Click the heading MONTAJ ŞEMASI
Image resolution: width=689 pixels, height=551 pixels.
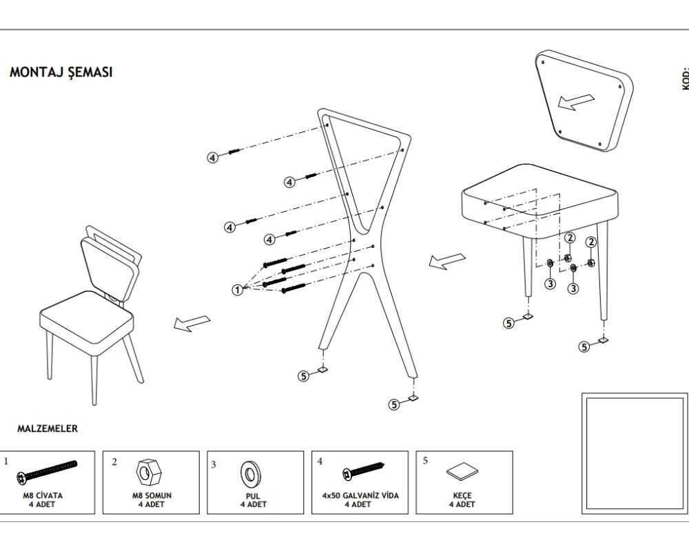pyautogui.click(x=61, y=72)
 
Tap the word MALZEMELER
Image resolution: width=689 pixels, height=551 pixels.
pyautogui.click(x=48, y=428)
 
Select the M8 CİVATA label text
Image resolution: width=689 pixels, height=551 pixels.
pyautogui.click(x=47, y=495)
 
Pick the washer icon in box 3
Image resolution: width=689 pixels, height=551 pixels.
pyautogui.click(x=249, y=475)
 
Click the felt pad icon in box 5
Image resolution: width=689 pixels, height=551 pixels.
pyautogui.click(x=462, y=472)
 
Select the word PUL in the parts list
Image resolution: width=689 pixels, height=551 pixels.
pyautogui.click(x=253, y=495)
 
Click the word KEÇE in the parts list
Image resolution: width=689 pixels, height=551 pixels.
pyautogui.click(x=462, y=495)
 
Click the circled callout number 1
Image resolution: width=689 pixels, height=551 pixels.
pyautogui.click(x=238, y=290)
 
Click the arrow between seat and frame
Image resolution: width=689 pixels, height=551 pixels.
pyautogui.click(x=447, y=261)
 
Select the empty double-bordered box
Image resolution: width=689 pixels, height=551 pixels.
pyautogui.click(x=635, y=453)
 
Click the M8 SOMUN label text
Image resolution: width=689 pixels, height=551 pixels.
pyautogui.click(x=152, y=495)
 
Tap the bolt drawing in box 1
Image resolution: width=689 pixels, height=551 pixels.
pyautogui.click(x=49, y=470)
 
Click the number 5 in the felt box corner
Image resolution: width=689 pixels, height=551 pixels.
pyautogui.click(x=425, y=460)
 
